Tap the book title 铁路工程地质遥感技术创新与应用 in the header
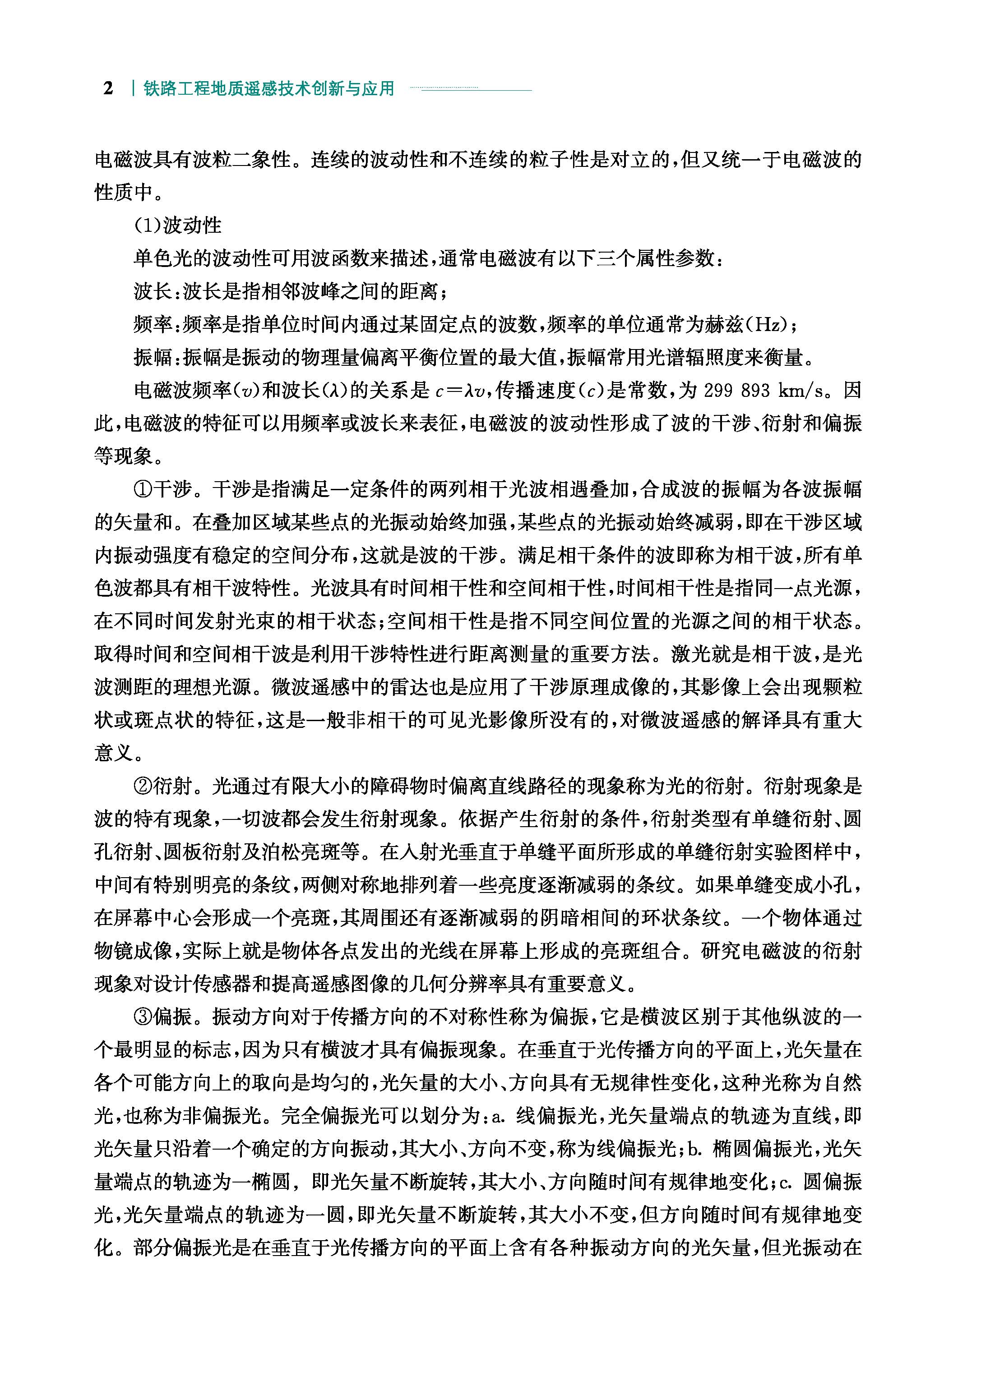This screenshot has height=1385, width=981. point(269,89)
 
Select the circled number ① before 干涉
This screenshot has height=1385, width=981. point(143,489)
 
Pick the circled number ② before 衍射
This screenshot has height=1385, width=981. point(143,786)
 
